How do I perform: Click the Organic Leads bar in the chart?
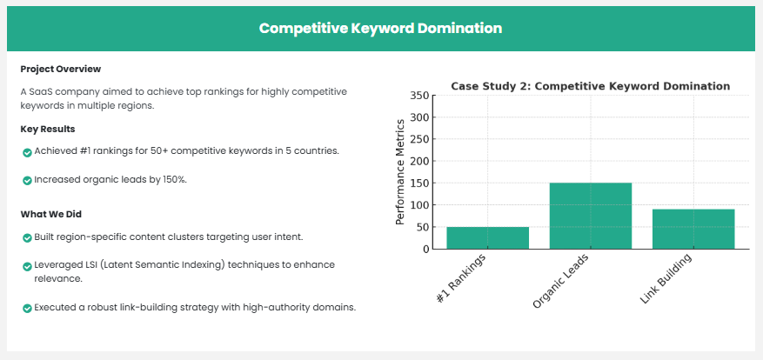pyautogui.click(x=590, y=216)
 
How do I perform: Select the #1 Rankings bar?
pyautogui.click(x=487, y=238)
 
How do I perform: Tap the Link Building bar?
pyautogui.click(x=693, y=230)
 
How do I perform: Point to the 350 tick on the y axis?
pyautogui.click(x=419, y=96)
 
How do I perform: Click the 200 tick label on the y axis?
pyautogui.click(x=419, y=161)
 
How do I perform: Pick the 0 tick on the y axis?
pyautogui.click(x=425, y=249)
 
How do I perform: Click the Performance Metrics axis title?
pyautogui.click(x=400, y=171)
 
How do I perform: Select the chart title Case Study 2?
pyautogui.click(x=590, y=86)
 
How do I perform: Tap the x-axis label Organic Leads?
pyautogui.click(x=561, y=281)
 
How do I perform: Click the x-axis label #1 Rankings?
pyautogui.click(x=461, y=278)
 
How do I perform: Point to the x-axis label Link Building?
pyautogui.click(x=666, y=279)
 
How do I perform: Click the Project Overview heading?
pyautogui.click(x=61, y=69)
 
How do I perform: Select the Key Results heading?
pyautogui.click(x=48, y=130)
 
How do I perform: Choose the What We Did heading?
pyautogui.click(x=51, y=214)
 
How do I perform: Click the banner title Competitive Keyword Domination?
pyautogui.click(x=380, y=28)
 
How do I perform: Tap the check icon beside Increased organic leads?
pyautogui.click(x=27, y=181)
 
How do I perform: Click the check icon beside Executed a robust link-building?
pyautogui.click(x=27, y=309)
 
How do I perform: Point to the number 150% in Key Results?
pyautogui.click(x=175, y=179)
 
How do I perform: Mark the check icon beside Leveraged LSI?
pyautogui.click(x=27, y=267)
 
